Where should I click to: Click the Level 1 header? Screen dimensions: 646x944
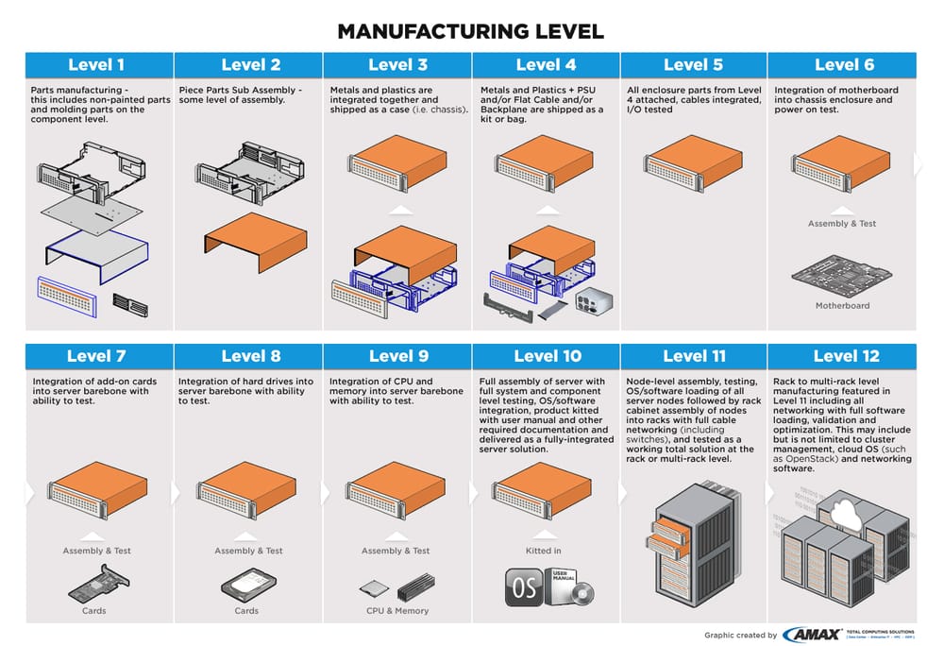click(96, 65)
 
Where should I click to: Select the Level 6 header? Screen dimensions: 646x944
click(843, 65)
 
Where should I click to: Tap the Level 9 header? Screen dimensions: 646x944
click(397, 356)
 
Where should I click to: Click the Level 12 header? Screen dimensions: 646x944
click(843, 356)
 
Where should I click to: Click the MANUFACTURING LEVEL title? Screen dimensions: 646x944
click(470, 31)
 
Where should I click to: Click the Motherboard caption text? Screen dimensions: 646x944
click(842, 306)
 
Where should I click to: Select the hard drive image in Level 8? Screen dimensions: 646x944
click(247, 585)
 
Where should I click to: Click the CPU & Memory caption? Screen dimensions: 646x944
click(397, 611)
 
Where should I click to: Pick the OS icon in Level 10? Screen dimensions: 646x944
click(523, 586)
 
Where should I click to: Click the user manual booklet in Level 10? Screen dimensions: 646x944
click(567, 585)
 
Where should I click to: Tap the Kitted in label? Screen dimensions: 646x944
click(544, 551)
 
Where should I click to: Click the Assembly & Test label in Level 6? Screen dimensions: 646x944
click(842, 224)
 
